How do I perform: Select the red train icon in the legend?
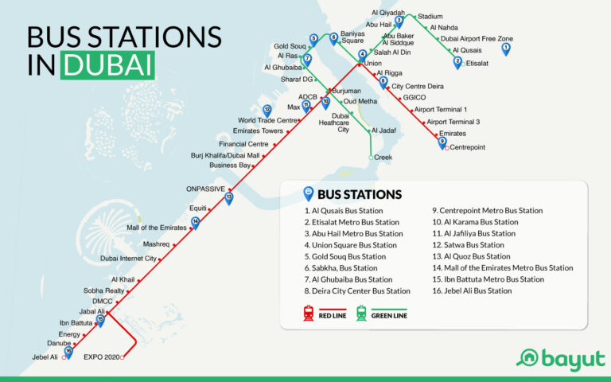click(307, 314)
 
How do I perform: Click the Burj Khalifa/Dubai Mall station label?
click(226, 155)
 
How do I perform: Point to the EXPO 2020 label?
click(101, 357)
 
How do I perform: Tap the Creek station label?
click(383, 158)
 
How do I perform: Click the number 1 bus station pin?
click(506, 49)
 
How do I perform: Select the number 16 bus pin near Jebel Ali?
click(69, 351)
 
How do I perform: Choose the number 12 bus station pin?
click(267, 111)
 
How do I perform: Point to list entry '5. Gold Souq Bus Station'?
click(345, 256)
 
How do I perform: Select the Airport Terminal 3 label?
click(453, 122)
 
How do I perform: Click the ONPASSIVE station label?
click(205, 189)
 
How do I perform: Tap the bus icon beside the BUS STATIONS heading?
click(307, 193)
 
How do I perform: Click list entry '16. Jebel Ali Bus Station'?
click(472, 290)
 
